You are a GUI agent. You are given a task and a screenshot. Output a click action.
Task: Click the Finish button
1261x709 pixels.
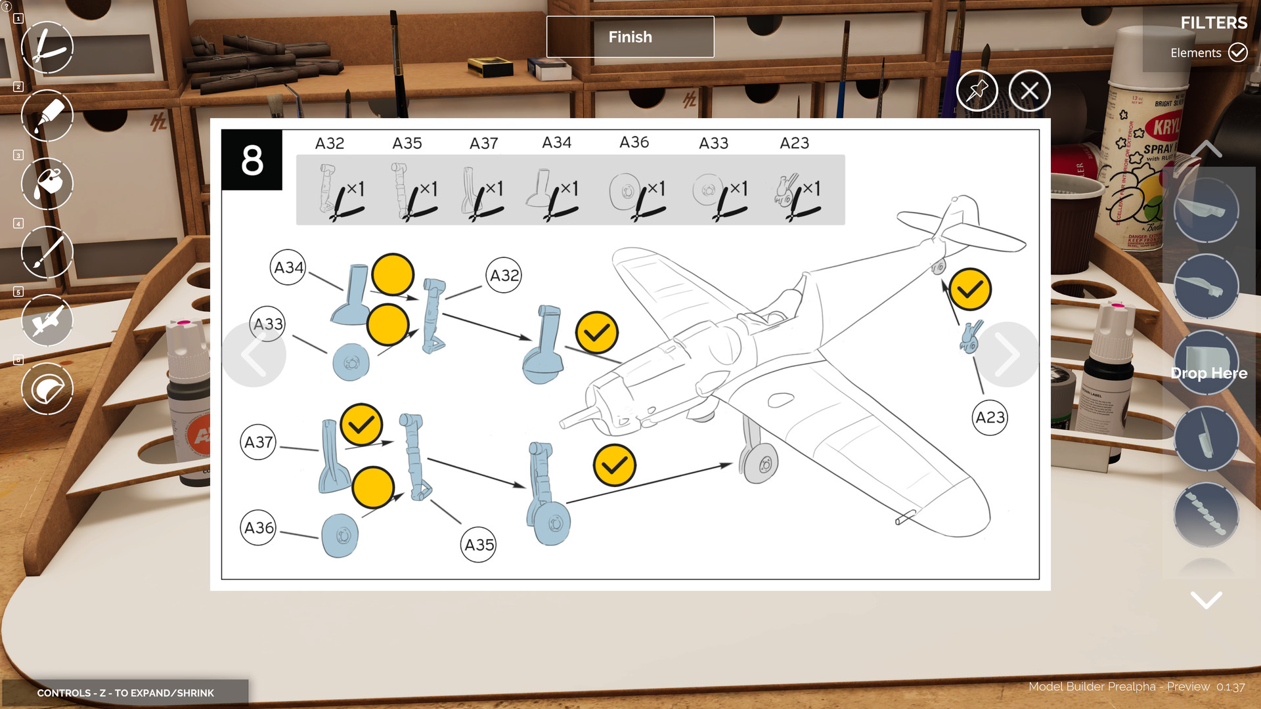tap(630, 37)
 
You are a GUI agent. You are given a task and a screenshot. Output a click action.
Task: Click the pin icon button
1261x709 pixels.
tap(977, 91)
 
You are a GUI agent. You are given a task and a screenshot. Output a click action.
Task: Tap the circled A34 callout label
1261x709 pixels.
tap(288, 267)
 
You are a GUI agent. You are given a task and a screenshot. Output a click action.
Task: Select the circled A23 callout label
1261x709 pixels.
tap(990, 418)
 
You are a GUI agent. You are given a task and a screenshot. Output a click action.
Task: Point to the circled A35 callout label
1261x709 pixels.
tap(479, 545)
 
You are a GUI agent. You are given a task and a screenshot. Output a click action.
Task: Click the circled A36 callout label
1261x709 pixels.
tap(259, 528)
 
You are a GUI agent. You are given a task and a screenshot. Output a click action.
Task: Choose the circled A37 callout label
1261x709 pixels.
tap(258, 442)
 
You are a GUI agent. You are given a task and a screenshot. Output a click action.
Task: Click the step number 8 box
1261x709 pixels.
tap(252, 160)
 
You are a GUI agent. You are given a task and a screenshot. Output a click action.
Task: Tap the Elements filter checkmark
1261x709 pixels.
tap(1238, 53)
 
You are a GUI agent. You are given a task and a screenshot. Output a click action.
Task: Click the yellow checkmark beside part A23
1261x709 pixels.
tap(969, 289)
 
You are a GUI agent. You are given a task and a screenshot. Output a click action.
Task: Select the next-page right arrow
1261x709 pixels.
tap(1006, 354)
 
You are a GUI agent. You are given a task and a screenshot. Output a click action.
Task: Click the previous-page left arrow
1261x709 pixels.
tap(254, 354)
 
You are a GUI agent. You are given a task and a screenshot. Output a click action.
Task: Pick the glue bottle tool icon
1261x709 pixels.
tap(47, 116)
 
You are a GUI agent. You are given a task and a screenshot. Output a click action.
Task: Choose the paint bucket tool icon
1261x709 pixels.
tap(47, 184)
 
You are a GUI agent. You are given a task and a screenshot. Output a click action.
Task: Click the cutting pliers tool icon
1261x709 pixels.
tap(47, 47)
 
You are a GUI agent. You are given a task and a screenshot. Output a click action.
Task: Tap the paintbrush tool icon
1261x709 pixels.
tap(47, 252)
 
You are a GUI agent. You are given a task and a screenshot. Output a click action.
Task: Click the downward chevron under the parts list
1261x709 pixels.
tap(1206, 599)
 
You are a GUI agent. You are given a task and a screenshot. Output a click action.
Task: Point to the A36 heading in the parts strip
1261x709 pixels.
tap(634, 142)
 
